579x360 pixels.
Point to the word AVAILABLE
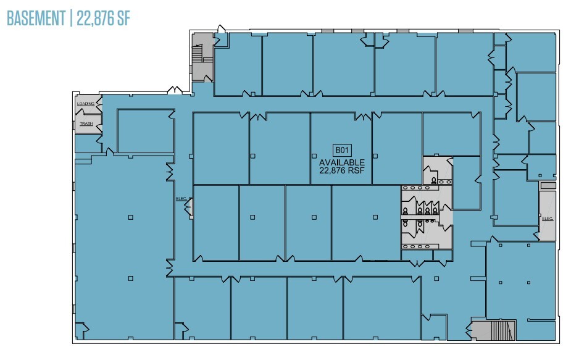pyautogui.click(x=341, y=162)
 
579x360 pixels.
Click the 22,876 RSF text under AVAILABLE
pyautogui.click(x=341, y=170)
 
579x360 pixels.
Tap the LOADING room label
pyautogui.click(x=85, y=104)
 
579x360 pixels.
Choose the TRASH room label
pyautogui.click(x=86, y=124)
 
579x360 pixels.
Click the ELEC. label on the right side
pyautogui.click(x=546, y=219)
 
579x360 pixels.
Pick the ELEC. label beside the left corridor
pyautogui.click(x=181, y=199)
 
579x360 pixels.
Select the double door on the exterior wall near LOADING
pyautogui.click(x=175, y=91)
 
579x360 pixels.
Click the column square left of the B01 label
pyautogui.click(x=253, y=155)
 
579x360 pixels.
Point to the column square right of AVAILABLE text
pyautogui.click(x=375, y=155)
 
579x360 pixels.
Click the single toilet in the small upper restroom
pyautogui.click(x=435, y=180)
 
